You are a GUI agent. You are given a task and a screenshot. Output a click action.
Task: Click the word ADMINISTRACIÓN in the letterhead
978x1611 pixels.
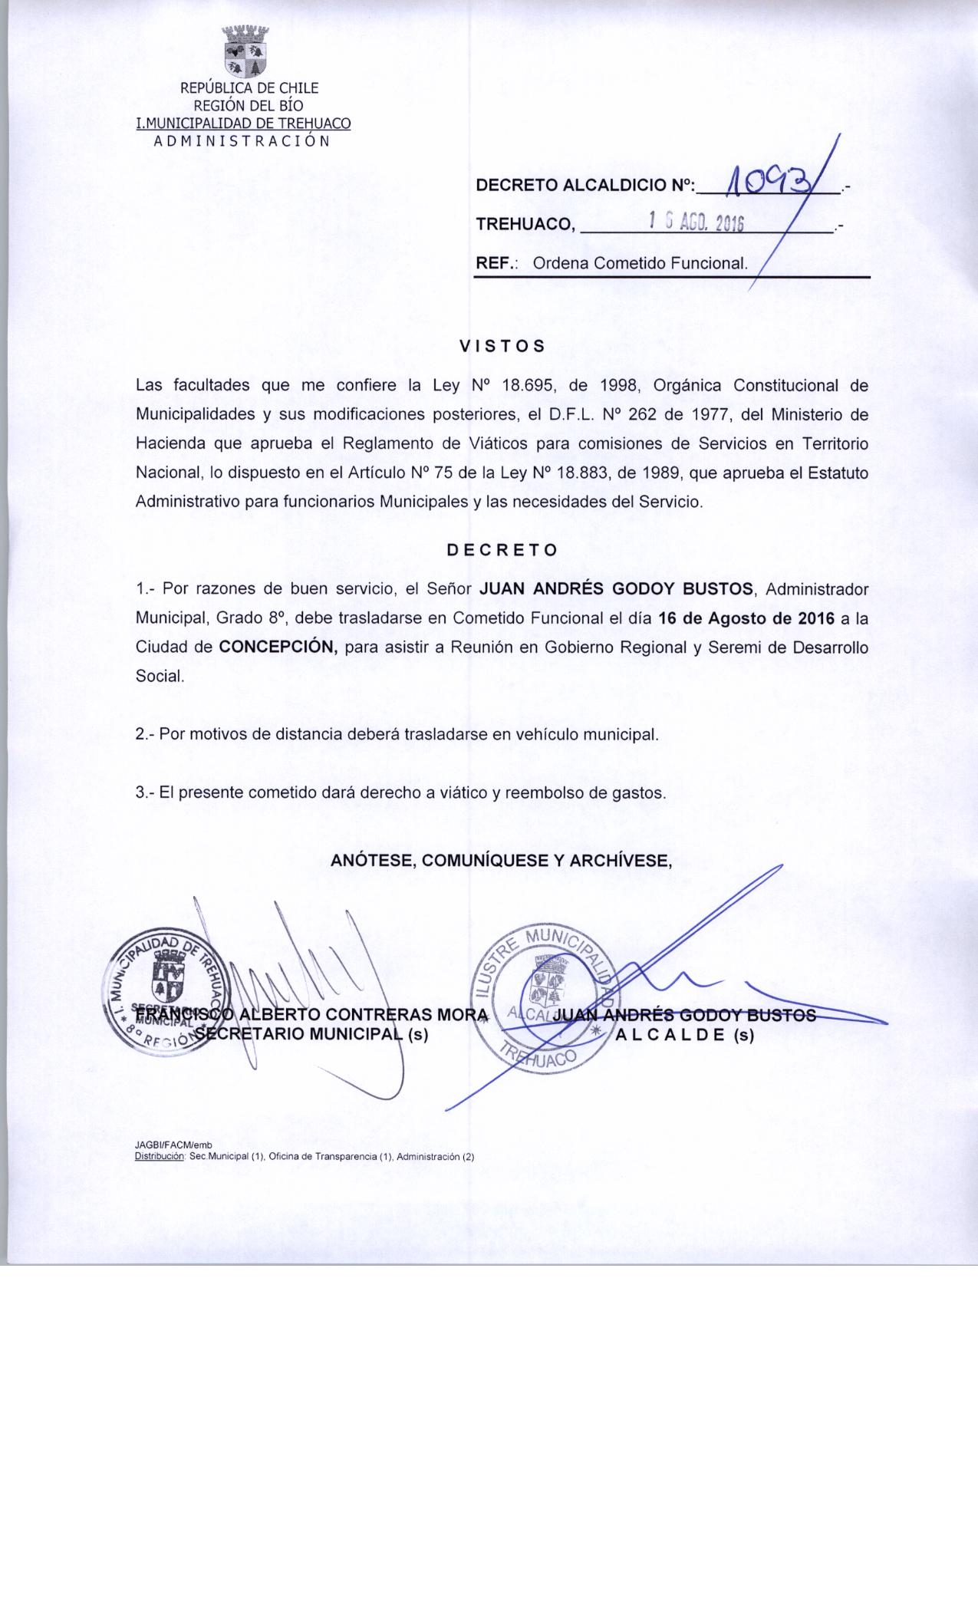coord(242,141)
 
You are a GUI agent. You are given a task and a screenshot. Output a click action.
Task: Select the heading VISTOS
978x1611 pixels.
coord(502,346)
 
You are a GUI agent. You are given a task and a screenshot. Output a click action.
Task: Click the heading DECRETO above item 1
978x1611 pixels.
coord(502,550)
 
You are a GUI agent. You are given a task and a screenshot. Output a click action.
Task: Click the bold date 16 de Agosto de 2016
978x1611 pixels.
coord(743,618)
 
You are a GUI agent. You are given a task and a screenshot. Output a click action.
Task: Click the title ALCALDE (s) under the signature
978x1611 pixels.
coord(685,1035)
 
